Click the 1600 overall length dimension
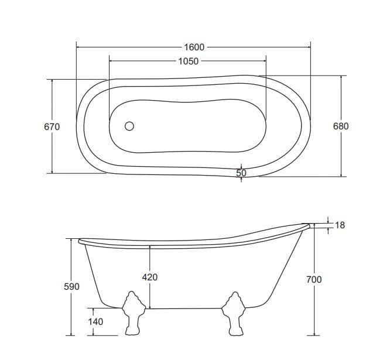(194, 47)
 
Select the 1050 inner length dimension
(189, 61)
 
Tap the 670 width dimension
(52, 127)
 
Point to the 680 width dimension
(341, 126)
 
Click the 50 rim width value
(241, 173)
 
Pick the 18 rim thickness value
(340, 225)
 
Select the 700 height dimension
(314, 279)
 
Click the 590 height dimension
(71, 286)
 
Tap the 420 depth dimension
(150, 277)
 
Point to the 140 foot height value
(95, 321)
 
